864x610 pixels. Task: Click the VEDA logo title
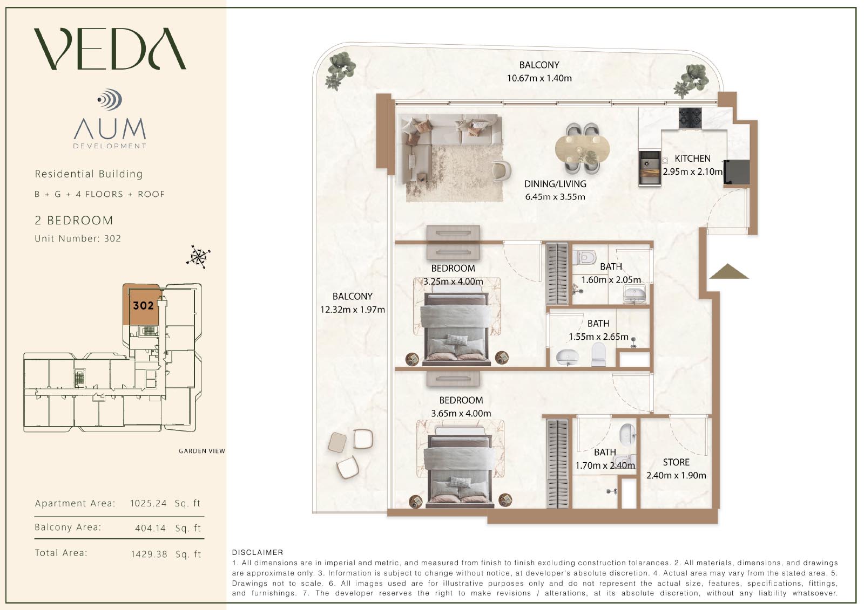tap(110, 49)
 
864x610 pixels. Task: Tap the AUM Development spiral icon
tap(110, 99)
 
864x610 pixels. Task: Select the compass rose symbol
tap(198, 257)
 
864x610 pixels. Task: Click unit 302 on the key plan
tap(143, 306)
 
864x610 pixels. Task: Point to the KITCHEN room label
tap(692, 159)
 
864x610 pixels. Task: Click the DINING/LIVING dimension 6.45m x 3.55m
tap(555, 197)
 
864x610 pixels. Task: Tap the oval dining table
tap(583, 149)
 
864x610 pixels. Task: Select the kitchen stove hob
tap(690, 118)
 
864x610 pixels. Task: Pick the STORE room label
tap(676, 462)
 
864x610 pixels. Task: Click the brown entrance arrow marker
tap(728, 271)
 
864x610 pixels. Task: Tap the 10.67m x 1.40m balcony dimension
tap(539, 78)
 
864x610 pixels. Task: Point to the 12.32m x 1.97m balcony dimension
tap(352, 310)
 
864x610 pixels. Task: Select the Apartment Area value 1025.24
tap(148, 503)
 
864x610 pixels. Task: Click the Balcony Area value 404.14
tap(151, 528)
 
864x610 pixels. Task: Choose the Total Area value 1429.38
tap(149, 554)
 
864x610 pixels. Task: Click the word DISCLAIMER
tap(257, 552)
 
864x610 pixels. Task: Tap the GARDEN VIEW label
tap(202, 451)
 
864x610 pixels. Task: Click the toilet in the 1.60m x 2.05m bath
tap(584, 257)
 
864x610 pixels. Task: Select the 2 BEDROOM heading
tap(74, 221)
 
